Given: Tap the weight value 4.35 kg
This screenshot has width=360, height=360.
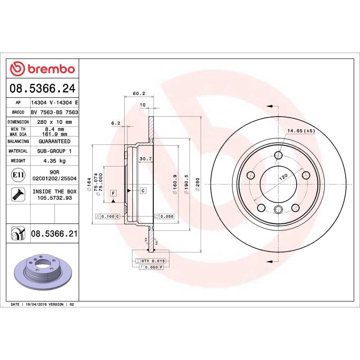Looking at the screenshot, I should pos(54,161).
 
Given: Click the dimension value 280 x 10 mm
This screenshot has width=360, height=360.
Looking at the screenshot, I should pos(54,122).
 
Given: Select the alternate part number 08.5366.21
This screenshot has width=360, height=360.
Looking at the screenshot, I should pos(54,233).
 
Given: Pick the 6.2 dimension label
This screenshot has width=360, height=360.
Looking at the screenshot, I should pos(115,123).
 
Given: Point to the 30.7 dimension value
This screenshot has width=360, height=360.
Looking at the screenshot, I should pos(145,159).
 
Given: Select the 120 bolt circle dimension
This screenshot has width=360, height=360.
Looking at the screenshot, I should pos(282,177).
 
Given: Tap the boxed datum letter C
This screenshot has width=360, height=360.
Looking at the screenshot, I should pos(143,191).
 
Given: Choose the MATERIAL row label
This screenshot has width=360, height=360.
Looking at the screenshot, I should pos(18,151).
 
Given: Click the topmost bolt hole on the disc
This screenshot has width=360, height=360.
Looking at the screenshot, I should pos(279,156).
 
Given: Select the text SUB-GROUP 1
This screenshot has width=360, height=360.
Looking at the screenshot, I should pos(54,151).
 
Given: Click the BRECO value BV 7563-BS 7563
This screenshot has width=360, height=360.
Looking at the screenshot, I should pos(54,112).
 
